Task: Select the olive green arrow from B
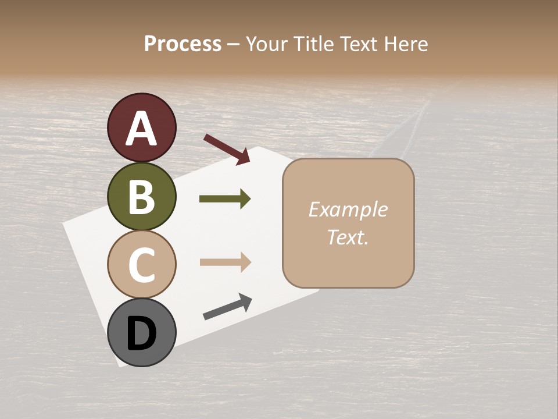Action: tap(225, 199)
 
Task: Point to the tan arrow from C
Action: tap(225, 262)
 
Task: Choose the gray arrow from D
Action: tap(227, 307)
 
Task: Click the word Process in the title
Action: tap(183, 44)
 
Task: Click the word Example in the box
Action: tap(348, 210)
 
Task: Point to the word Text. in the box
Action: tap(348, 237)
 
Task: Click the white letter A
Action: tap(142, 129)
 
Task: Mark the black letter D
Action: tap(142, 333)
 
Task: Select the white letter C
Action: tap(142, 265)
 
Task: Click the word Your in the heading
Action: tap(266, 44)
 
